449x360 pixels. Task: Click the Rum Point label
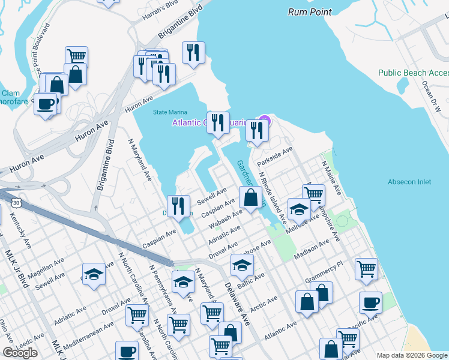click(x=309, y=12)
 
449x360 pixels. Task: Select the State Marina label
click(x=170, y=112)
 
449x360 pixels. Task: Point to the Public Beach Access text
click(x=412, y=73)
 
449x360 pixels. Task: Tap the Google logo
click(x=20, y=353)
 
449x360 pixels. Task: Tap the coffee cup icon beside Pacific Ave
click(x=370, y=302)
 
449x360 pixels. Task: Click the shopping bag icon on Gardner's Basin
click(x=250, y=196)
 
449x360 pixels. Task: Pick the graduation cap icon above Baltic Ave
click(x=242, y=264)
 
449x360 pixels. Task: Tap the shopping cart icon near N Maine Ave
click(x=313, y=194)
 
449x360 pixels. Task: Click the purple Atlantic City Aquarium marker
click(x=264, y=121)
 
